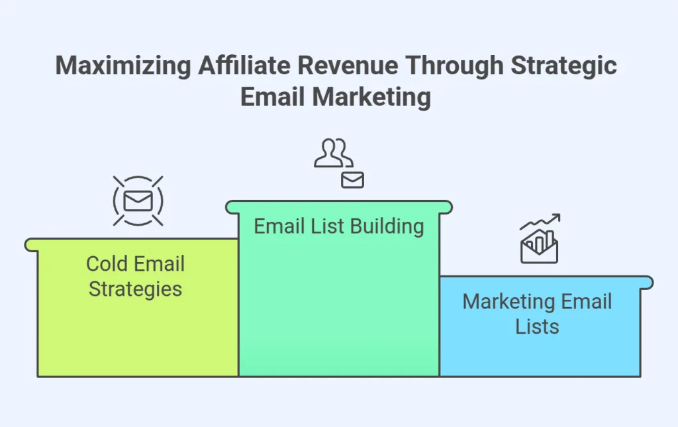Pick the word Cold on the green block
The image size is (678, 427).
tap(107, 264)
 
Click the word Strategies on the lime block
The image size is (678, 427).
tap(136, 289)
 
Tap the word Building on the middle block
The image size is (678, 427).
tap(387, 226)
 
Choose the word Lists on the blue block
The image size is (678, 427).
tap(537, 326)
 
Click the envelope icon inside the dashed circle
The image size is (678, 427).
tap(138, 201)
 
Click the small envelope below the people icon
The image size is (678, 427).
tap(352, 179)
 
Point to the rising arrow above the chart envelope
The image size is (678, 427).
tap(540, 222)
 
